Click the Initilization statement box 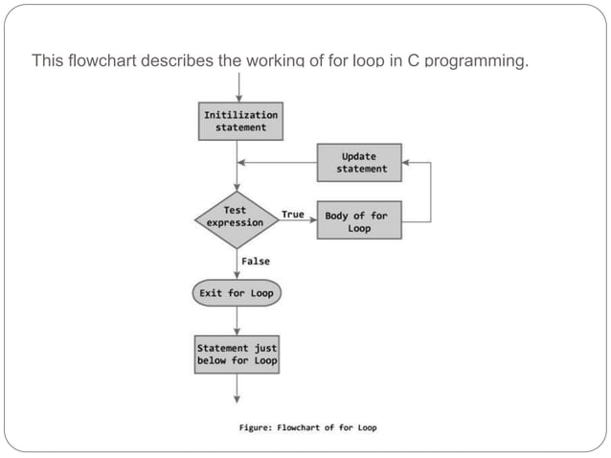pos(240,121)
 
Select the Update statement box pos(361,162)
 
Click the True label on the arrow pos(293,214)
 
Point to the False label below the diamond pos(256,261)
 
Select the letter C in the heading pos(410,62)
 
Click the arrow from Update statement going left pos(278,163)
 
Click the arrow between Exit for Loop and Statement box pos(238,319)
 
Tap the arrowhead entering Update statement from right pos(406,163)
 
